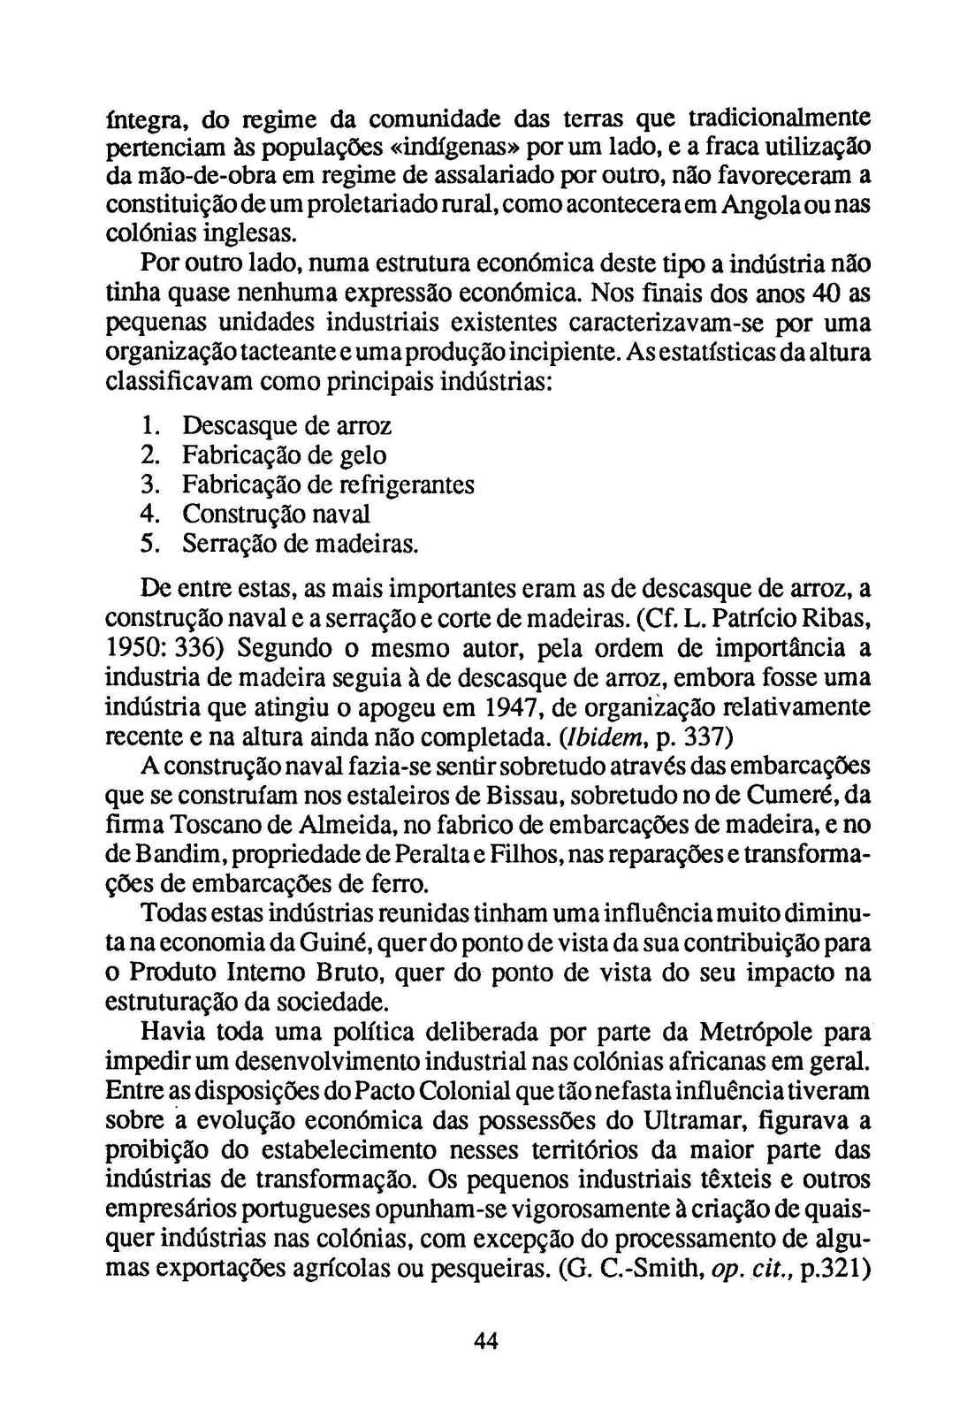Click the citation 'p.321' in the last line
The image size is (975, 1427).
tap(835, 1270)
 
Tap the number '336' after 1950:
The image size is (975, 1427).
tap(204, 649)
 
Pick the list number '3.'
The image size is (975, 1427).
tap(149, 485)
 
